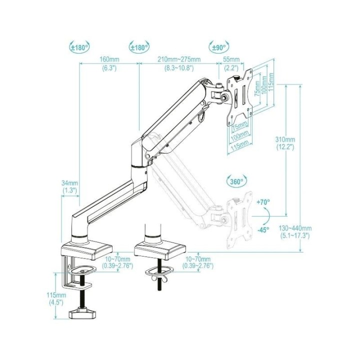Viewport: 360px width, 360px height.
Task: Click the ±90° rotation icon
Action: (218, 47)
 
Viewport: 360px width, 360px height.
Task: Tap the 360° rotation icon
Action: (235, 181)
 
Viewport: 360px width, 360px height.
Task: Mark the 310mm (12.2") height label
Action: (285, 143)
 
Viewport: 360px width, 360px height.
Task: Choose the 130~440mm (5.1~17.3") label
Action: (295, 231)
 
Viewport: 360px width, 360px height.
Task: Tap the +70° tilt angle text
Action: (263, 202)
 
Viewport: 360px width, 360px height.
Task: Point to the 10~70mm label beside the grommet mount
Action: (199, 262)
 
